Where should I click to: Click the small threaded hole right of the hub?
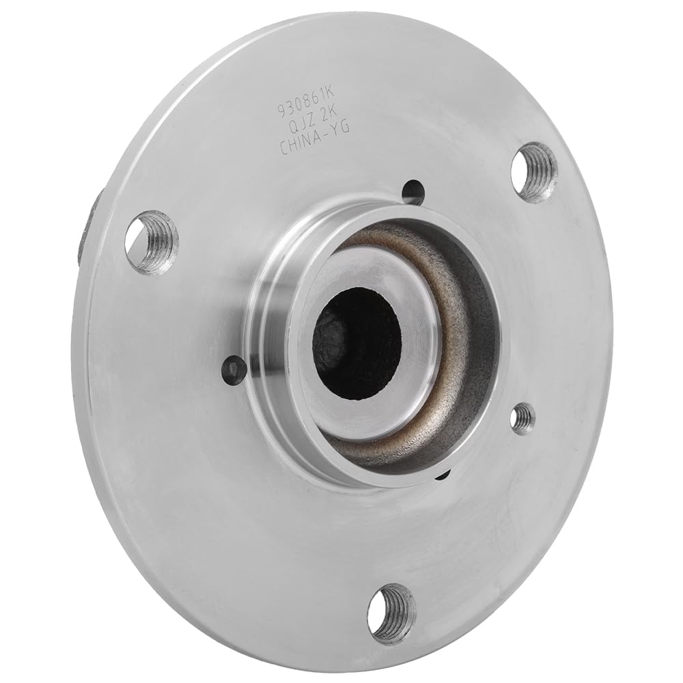(523, 418)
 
